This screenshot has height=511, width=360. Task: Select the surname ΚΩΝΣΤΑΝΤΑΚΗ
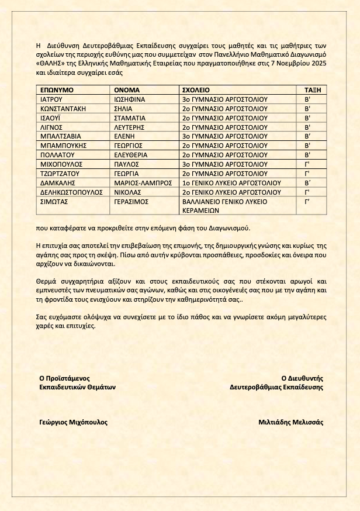64,108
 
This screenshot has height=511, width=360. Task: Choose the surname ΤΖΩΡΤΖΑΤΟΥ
60,174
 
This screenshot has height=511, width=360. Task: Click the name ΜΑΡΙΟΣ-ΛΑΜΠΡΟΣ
143,182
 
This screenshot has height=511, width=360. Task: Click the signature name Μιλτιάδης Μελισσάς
290,422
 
